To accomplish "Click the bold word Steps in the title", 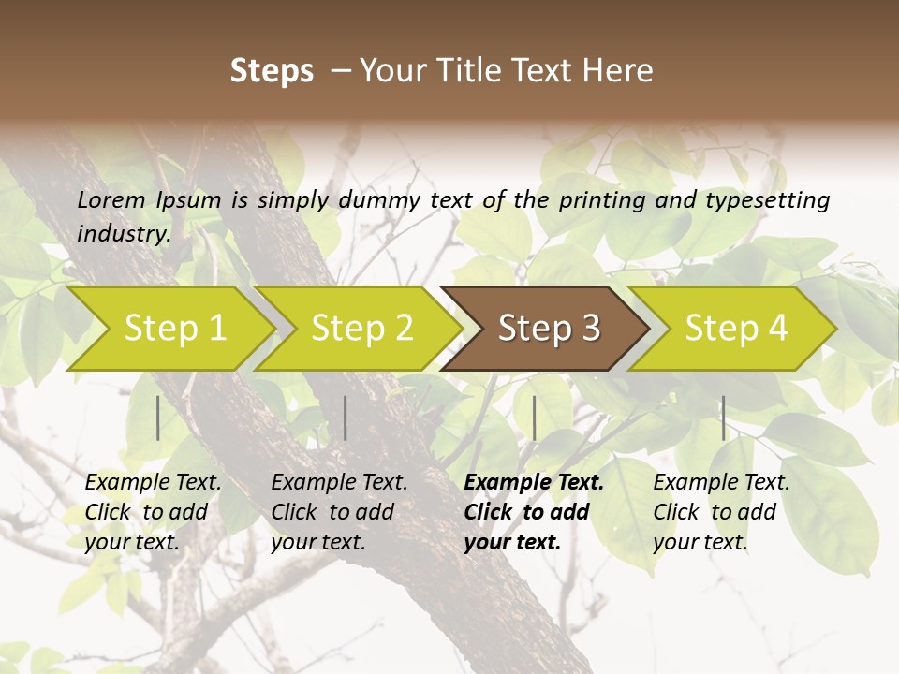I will (x=272, y=71).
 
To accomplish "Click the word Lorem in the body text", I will (x=111, y=200).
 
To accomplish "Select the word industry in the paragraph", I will (x=123, y=234).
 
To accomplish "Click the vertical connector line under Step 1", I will (x=158, y=418).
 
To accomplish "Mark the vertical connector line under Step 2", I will (x=346, y=418).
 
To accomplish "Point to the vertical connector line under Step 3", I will (x=534, y=418).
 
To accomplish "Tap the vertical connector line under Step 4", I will (x=723, y=418).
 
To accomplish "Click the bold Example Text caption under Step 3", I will (x=533, y=512).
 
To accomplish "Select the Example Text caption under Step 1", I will (x=153, y=512).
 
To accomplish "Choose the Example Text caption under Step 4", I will (x=721, y=512).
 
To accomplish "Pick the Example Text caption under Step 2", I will (x=339, y=512).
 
